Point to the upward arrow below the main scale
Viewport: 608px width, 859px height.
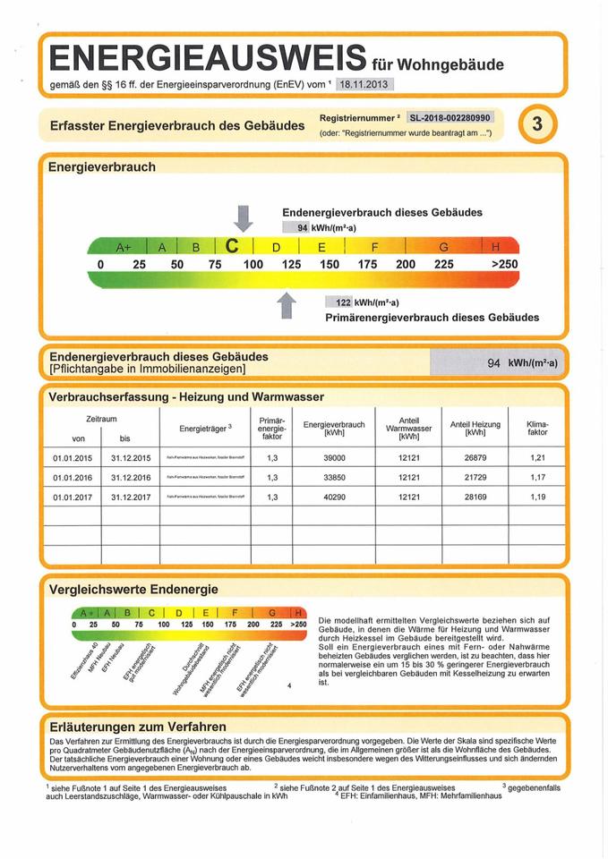click(287, 304)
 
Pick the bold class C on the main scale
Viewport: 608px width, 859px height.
click(234, 246)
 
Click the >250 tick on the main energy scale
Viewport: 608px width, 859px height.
click(504, 265)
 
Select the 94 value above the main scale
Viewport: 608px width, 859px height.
click(302, 227)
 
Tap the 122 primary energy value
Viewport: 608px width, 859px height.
click(342, 302)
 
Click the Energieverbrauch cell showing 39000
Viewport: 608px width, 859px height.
click(335, 458)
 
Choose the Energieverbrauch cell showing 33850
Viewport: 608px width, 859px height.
click(335, 477)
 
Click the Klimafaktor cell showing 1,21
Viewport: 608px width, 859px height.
click(537, 458)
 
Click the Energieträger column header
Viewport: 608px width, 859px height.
click(206, 428)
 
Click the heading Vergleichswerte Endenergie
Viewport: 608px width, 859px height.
click(133, 589)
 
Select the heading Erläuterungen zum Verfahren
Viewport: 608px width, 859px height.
click(138, 726)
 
